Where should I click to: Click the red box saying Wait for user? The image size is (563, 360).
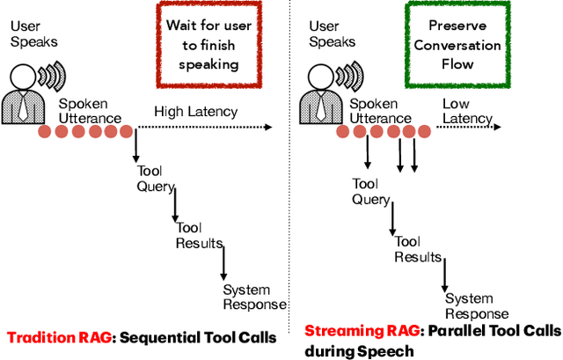(x=209, y=43)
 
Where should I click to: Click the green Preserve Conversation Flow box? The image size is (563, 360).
(x=477, y=44)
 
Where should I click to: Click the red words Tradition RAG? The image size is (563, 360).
(x=58, y=335)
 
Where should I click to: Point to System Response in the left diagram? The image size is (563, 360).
(x=254, y=298)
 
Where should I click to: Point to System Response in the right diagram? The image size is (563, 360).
(x=476, y=306)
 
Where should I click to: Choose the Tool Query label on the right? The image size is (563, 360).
(x=371, y=192)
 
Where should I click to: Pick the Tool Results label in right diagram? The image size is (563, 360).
(x=418, y=249)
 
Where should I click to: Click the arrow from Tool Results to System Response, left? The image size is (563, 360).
(x=223, y=264)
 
